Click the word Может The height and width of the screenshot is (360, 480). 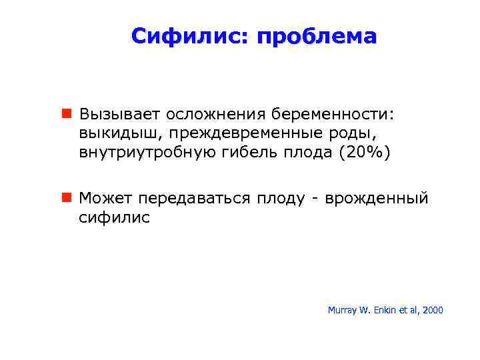[107, 198]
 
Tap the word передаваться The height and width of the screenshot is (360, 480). [193, 199]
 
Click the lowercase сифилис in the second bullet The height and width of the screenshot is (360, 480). [115, 217]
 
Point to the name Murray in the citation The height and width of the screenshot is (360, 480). [341, 310]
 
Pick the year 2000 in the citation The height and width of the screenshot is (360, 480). [432, 310]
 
